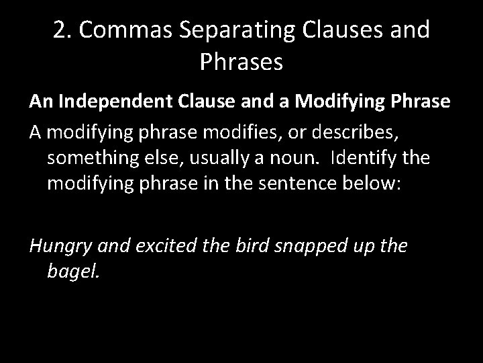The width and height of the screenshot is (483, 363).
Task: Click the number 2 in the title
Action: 59,31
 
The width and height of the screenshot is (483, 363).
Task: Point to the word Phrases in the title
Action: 241,63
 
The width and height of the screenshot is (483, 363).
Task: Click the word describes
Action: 349,132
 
